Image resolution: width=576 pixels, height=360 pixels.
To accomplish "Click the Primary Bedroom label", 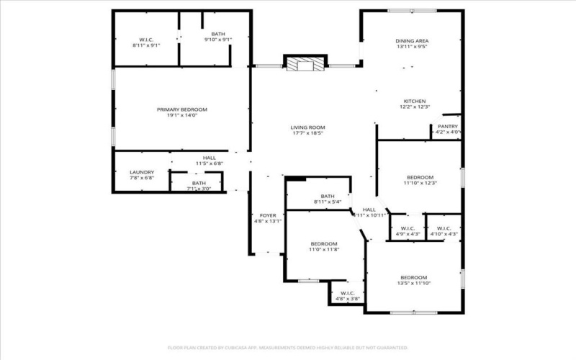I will click(x=181, y=109).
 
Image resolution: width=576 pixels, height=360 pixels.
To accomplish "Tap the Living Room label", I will click(x=307, y=127).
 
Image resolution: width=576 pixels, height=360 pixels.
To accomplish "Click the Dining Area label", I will click(x=413, y=41).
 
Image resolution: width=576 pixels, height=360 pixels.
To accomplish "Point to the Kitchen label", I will click(x=415, y=101).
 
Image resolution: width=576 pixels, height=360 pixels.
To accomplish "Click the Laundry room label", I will click(x=142, y=173).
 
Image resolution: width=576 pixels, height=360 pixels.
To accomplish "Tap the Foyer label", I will click(x=267, y=216).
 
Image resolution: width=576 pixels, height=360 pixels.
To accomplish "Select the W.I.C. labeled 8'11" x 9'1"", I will click(x=145, y=39).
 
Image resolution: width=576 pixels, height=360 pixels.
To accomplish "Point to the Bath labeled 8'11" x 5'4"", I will click(x=328, y=197).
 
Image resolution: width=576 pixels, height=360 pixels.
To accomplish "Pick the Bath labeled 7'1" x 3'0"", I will click(x=199, y=184).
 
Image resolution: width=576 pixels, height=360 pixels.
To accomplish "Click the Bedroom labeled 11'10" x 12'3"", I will click(x=420, y=177).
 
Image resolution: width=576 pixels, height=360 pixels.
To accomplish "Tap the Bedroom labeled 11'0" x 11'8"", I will click(x=324, y=244).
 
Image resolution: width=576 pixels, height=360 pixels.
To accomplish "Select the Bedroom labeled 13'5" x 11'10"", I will click(x=413, y=278).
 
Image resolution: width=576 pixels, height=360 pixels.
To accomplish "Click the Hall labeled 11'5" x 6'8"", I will click(x=209, y=158).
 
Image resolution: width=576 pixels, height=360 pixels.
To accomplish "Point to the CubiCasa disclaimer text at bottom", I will click(x=288, y=347).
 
